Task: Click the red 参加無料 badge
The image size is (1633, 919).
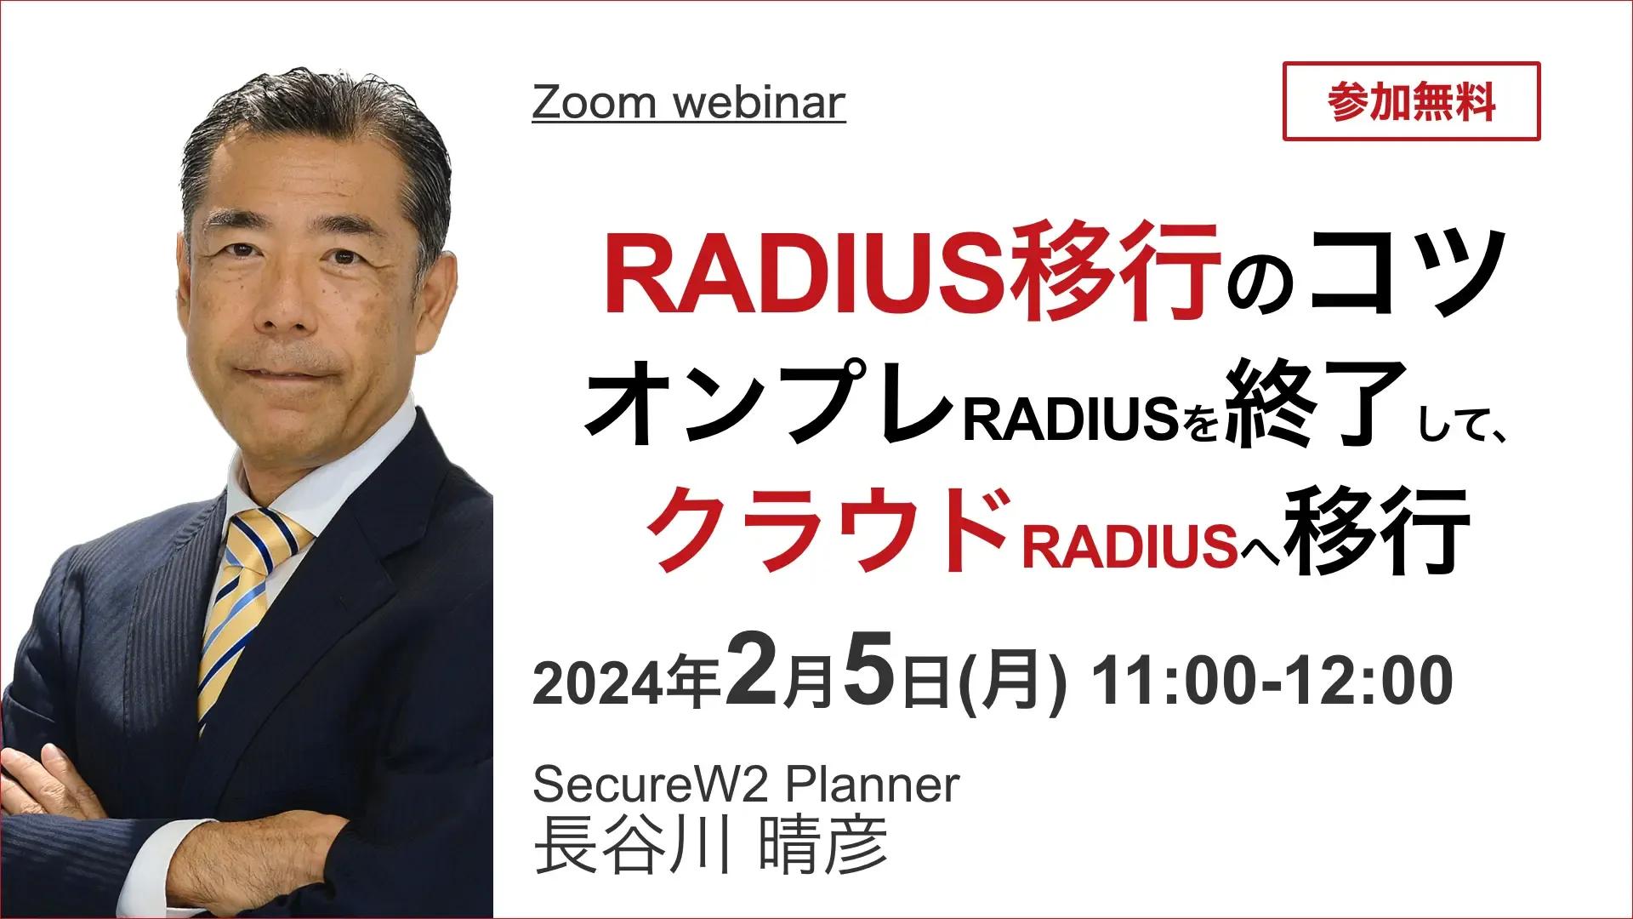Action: coord(1411,101)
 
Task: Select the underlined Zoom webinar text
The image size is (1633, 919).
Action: coord(689,103)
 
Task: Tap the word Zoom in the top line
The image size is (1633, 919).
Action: coord(595,103)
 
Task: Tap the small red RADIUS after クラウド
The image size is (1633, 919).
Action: coord(1130,545)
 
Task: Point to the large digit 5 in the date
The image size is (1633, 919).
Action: coord(871,670)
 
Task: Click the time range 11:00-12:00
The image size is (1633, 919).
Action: coord(1272,681)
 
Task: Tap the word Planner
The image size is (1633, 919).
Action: coord(873,785)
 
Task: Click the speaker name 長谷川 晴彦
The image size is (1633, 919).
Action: coord(711,844)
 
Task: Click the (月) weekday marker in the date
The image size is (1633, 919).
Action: coord(1012,681)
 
